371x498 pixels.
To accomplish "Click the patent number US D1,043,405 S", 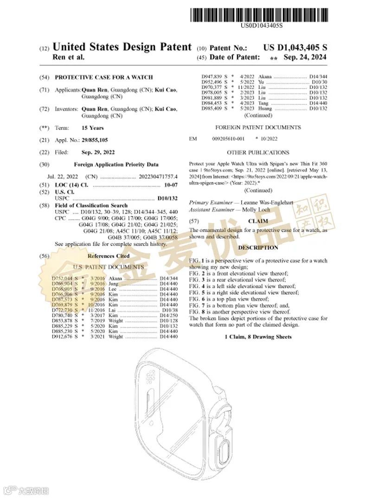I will (x=295, y=48).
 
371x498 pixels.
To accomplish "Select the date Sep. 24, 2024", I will (x=305, y=57).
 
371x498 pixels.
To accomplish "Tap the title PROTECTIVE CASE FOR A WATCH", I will (x=104, y=78).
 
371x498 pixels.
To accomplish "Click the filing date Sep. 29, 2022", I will (x=98, y=152).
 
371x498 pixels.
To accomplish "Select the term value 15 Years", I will (x=93, y=128).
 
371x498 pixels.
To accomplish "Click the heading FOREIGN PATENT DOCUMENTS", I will (x=258, y=127).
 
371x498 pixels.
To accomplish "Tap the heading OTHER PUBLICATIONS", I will (x=258, y=152).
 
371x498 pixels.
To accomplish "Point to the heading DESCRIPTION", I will (x=258, y=248).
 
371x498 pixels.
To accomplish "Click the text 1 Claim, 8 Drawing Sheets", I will (x=258, y=336).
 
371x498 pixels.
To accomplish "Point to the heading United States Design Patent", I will (x=122, y=47).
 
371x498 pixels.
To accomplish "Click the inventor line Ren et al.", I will (x=69, y=58).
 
